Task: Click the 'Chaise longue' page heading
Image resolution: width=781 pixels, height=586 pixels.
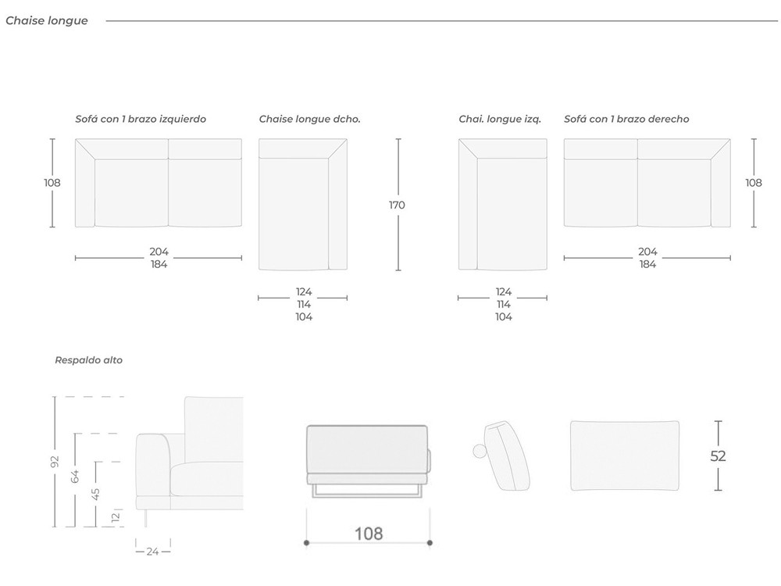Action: tap(47, 20)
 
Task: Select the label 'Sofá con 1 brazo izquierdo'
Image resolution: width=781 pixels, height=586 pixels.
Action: tap(141, 119)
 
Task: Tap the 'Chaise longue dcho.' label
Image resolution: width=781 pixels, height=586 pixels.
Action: tap(309, 119)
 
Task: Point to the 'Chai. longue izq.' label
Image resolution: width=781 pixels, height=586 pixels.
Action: tap(500, 119)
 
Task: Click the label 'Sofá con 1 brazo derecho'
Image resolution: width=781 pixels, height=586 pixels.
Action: tap(626, 119)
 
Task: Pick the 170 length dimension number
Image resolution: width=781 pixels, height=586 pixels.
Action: tap(397, 205)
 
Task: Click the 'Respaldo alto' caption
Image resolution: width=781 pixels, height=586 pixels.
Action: tap(89, 360)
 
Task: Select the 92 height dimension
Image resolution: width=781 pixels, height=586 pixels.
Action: tap(55, 462)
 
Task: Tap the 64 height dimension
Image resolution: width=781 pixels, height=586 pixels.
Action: tap(75, 477)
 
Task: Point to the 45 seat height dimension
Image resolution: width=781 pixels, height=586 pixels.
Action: tap(95, 494)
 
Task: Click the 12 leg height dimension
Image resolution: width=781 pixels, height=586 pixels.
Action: tap(116, 517)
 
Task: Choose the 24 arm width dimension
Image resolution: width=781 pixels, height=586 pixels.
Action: tap(153, 552)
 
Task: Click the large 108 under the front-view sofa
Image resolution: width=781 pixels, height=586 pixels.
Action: tap(369, 534)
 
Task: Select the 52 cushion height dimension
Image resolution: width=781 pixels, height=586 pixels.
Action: tap(718, 456)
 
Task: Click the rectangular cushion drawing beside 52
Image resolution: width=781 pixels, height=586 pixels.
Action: tap(625, 456)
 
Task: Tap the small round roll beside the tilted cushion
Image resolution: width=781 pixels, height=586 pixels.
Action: tap(480, 451)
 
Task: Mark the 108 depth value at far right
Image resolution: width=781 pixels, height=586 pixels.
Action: tap(754, 183)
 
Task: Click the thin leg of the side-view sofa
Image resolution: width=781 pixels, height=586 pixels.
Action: tap(145, 518)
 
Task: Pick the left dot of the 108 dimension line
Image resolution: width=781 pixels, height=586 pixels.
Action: tap(306, 543)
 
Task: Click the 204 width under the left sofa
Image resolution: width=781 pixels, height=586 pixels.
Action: tap(159, 252)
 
